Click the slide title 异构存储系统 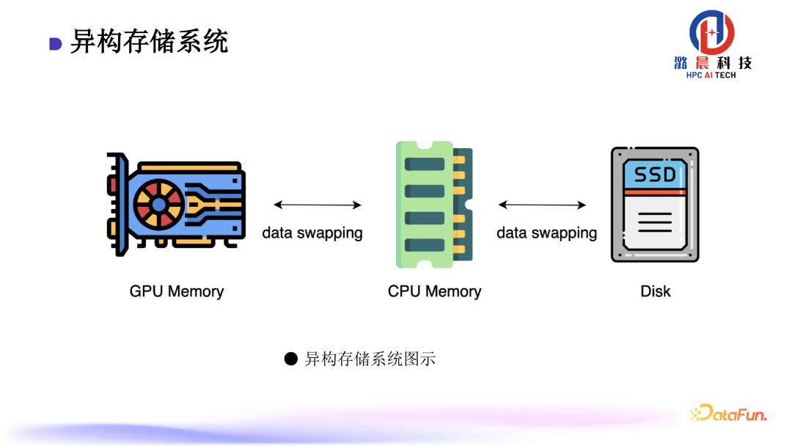[149, 42]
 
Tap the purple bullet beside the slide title [55, 44]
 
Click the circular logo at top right [711, 32]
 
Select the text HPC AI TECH [711, 76]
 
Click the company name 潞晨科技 [712, 63]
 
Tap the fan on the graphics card [158, 202]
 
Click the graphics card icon [176, 203]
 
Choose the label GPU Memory [176, 291]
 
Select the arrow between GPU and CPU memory [318, 205]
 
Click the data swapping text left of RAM [312, 233]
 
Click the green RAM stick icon [433, 204]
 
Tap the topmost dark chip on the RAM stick [425, 164]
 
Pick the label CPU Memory [434, 291]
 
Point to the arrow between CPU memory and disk [542, 205]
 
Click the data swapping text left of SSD [546, 233]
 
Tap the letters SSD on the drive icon [655, 175]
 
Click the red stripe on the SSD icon [655, 192]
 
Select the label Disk [655, 291]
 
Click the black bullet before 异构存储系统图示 [291, 359]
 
